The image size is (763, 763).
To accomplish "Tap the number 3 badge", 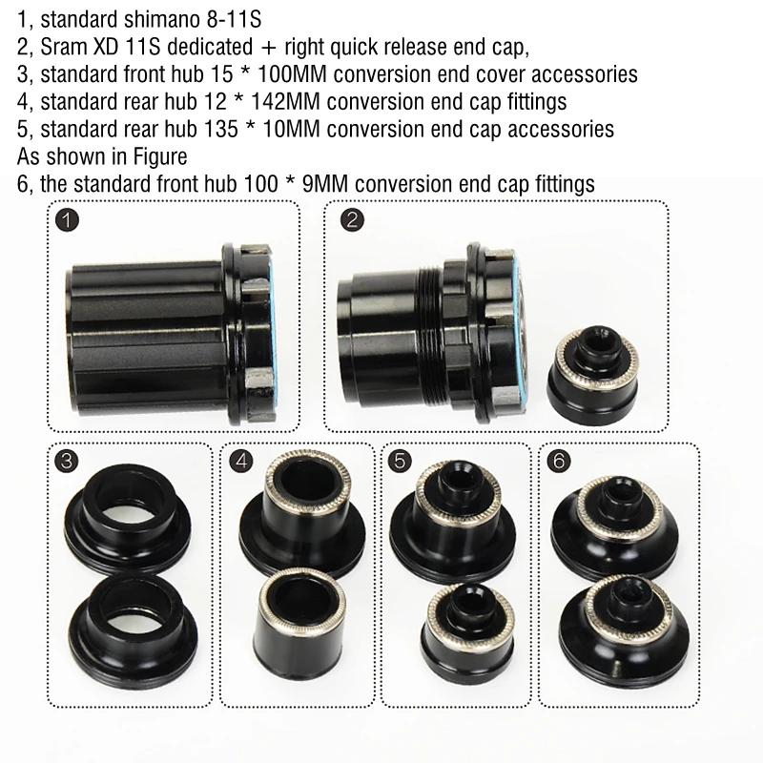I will [x=67, y=462].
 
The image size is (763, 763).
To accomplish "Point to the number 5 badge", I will [x=401, y=462].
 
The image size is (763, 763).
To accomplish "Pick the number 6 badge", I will [x=559, y=462].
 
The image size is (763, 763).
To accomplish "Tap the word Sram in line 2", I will [x=59, y=46].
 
